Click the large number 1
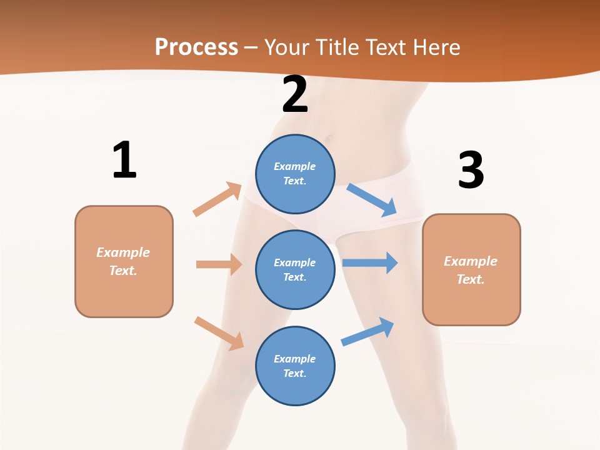point(124,161)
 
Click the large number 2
point(295,94)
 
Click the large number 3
point(471,171)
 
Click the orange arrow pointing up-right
point(217,199)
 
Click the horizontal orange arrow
point(219,264)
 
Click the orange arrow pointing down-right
point(219,333)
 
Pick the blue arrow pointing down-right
point(372,199)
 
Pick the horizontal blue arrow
point(370,262)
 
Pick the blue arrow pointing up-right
point(368,332)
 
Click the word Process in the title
point(196,47)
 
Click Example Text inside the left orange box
point(123,261)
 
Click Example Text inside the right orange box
point(471,270)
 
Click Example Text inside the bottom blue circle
point(294,366)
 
